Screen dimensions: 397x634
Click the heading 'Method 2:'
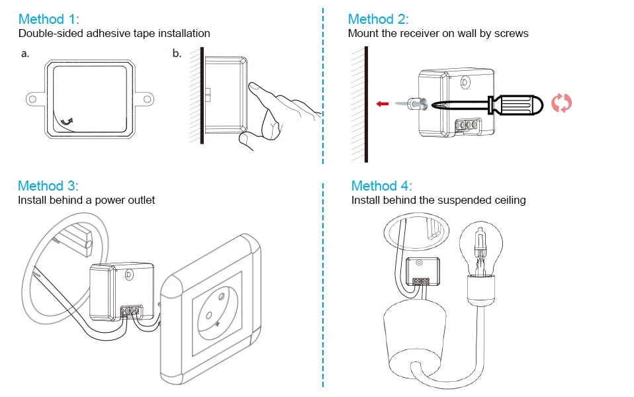378,19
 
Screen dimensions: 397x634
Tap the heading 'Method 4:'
381,185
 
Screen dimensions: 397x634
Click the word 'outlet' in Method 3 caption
140,200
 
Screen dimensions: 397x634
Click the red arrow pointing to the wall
381,104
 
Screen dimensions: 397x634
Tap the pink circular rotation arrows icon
561,103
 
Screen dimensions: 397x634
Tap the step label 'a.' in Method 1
25,54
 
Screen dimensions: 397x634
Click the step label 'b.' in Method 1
177,54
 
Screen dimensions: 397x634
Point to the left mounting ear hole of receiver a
31,99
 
